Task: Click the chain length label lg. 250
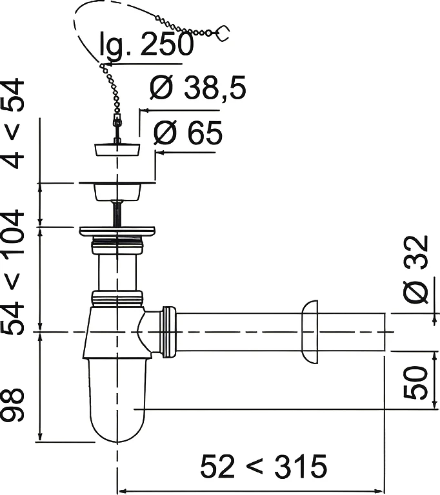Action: click(x=146, y=44)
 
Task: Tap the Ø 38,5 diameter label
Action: click(x=198, y=88)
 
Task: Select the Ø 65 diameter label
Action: click(x=188, y=133)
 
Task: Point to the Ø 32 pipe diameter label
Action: click(x=416, y=269)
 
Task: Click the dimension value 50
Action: click(x=415, y=382)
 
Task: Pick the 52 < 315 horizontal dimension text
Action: click(x=264, y=466)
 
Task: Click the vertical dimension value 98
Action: click(x=13, y=405)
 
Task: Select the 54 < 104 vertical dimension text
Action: click(x=13, y=273)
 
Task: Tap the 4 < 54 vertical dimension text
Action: click(x=13, y=124)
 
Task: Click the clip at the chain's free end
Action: click(x=223, y=32)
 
